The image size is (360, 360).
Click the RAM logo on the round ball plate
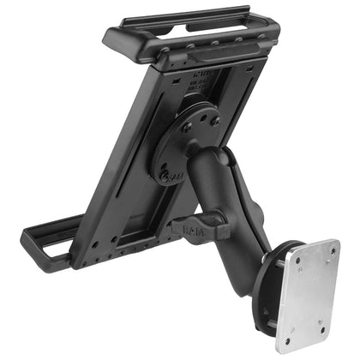(x=172, y=176)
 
